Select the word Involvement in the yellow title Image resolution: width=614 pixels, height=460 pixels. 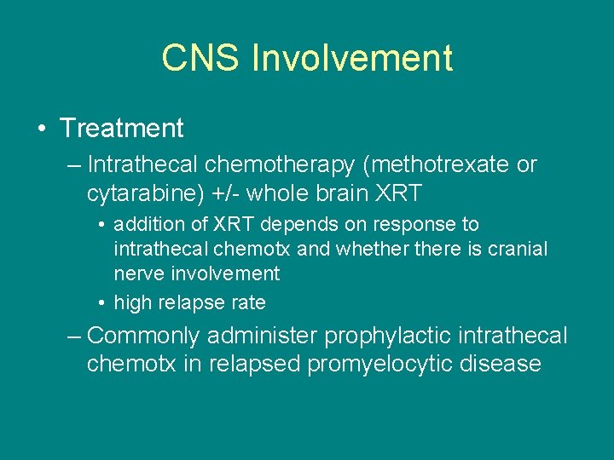click(352, 58)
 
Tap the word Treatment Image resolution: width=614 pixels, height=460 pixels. click(122, 129)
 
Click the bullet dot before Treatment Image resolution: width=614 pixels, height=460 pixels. click(42, 129)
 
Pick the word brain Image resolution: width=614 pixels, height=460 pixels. click(339, 193)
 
